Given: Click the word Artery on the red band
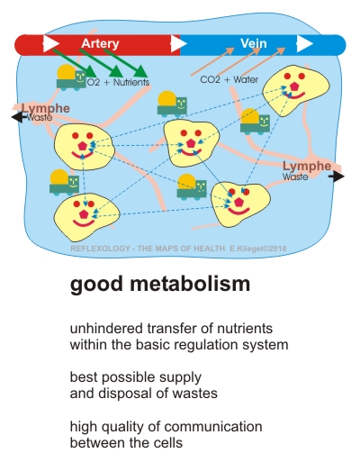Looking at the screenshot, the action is click(x=100, y=44).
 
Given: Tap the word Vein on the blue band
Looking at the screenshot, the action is click(x=254, y=43).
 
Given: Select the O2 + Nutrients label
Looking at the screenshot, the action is click(x=118, y=82).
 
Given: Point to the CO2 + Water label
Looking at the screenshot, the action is click(x=229, y=79).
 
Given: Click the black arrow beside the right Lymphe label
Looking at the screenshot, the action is click(x=337, y=177).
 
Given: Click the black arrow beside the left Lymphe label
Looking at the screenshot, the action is click(x=18, y=117).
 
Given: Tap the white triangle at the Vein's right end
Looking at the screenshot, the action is click(x=305, y=43).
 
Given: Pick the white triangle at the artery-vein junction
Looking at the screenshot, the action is click(x=179, y=43).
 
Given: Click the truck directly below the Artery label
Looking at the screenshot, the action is click(x=71, y=77).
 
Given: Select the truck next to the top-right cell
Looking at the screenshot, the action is click(x=255, y=122).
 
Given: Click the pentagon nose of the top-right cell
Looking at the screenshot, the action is click(x=295, y=86).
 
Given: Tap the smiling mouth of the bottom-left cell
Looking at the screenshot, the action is click(x=84, y=222).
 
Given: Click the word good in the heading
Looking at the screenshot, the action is click(x=96, y=285).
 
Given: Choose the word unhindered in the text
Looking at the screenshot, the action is click(x=106, y=328).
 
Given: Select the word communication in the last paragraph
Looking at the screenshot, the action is click(x=213, y=427).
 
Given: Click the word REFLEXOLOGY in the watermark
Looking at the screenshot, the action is click(x=101, y=249).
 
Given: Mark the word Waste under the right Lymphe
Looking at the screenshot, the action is click(x=295, y=177).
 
